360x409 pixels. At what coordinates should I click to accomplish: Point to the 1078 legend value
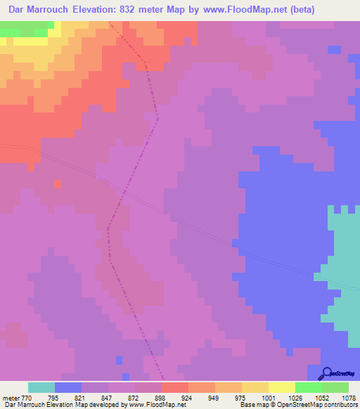click(347, 398)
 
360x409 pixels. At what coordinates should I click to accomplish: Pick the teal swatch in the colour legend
click(41, 387)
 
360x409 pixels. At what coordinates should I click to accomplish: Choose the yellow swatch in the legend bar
click(281, 387)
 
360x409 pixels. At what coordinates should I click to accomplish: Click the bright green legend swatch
click(308, 387)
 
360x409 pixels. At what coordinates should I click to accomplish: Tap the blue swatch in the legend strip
click(68, 387)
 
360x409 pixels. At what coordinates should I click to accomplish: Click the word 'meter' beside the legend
click(12, 398)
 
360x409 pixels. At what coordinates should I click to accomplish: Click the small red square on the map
click(58, 183)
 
